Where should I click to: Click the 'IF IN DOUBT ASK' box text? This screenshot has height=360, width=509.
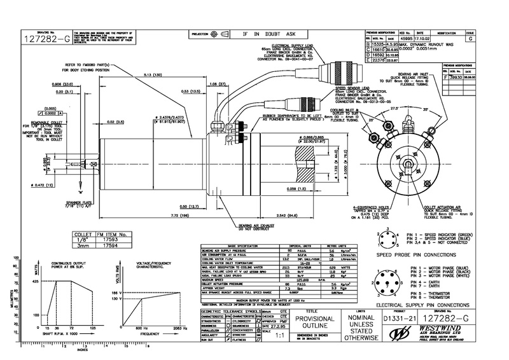click(x=268, y=34)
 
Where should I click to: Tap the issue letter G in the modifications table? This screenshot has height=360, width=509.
click(x=470, y=38)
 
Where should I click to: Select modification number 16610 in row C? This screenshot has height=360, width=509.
click(x=376, y=49)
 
